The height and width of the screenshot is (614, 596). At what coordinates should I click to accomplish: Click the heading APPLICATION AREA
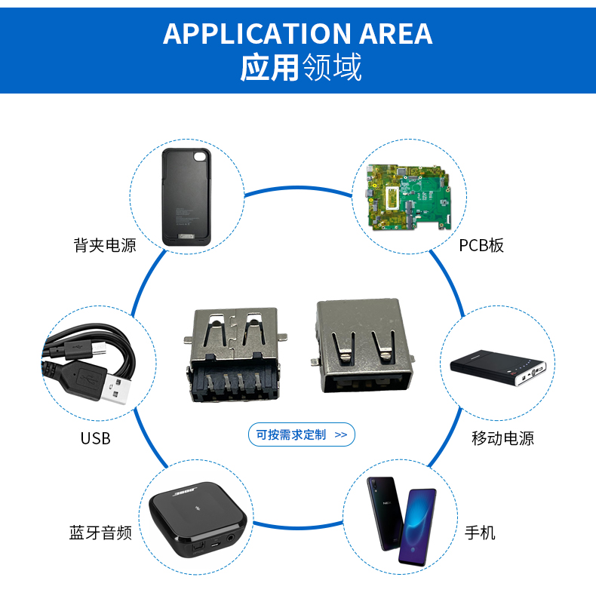[x=297, y=34]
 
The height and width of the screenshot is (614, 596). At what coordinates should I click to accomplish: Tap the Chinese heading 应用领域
[x=301, y=68]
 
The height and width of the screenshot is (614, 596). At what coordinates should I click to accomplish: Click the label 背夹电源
[x=105, y=245]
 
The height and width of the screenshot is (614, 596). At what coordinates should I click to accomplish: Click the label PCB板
[x=481, y=245]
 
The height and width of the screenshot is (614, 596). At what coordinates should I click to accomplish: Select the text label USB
[x=96, y=438]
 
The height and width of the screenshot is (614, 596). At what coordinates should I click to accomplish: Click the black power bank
[x=499, y=367]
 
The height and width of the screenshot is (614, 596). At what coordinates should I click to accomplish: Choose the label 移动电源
[x=502, y=438]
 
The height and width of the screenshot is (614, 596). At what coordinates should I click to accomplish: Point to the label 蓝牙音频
[x=100, y=533]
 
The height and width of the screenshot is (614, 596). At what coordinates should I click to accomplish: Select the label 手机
[x=480, y=533]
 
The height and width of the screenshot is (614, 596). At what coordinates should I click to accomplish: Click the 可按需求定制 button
[x=301, y=434]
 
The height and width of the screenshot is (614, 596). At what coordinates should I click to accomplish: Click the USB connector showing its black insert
[x=234, y=355]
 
